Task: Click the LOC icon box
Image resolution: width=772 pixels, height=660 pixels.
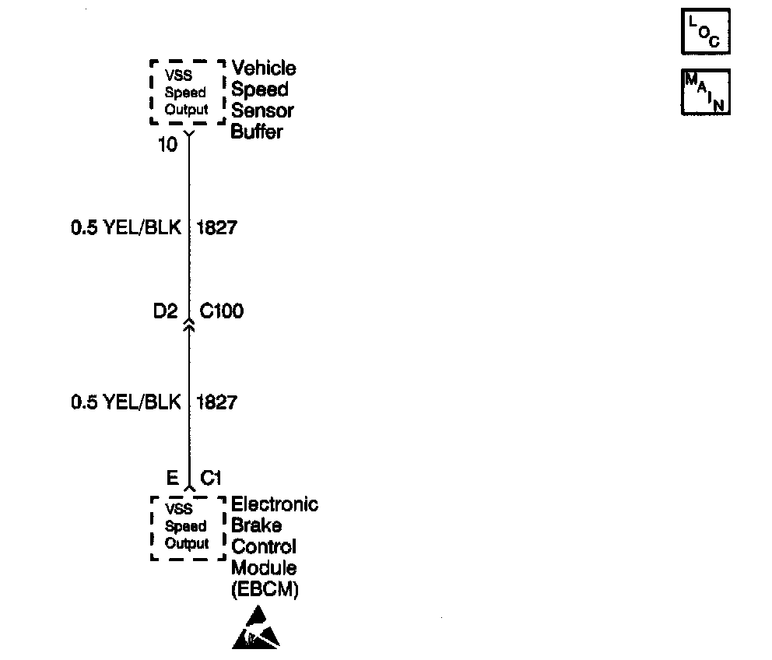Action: click(x=706, y=33)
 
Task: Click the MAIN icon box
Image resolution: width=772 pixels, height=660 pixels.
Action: click(x=706, y=93)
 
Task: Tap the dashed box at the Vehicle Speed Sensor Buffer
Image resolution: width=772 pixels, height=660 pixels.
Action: click(x=187, y=92)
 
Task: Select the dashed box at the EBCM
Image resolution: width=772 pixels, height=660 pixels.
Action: click(x=187, y=526)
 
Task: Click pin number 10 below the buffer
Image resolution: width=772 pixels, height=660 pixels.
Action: click(x=168, y=145)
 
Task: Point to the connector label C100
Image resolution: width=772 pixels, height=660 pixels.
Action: click(x=222, y=312)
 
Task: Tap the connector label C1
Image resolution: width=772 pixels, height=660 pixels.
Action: click(x=212, y=477)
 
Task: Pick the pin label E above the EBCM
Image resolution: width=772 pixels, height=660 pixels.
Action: click(x=173, y=477)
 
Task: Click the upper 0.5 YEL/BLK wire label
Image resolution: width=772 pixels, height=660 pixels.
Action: click(x=126, y=228)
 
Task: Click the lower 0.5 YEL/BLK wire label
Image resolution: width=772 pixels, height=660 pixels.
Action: click(x=126, y=402)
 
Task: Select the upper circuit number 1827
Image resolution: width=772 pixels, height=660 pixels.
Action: click(x=217, y=228)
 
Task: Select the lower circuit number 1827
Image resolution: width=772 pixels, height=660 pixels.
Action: click(x=217, y=402)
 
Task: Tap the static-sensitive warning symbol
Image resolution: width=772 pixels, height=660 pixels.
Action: click(x=254, y=630)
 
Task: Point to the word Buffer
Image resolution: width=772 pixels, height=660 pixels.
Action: click(x=257, y=132)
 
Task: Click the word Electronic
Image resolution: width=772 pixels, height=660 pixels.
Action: click(x=275, y=504)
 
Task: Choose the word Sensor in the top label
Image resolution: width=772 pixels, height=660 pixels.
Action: click(x=262, y=111)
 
